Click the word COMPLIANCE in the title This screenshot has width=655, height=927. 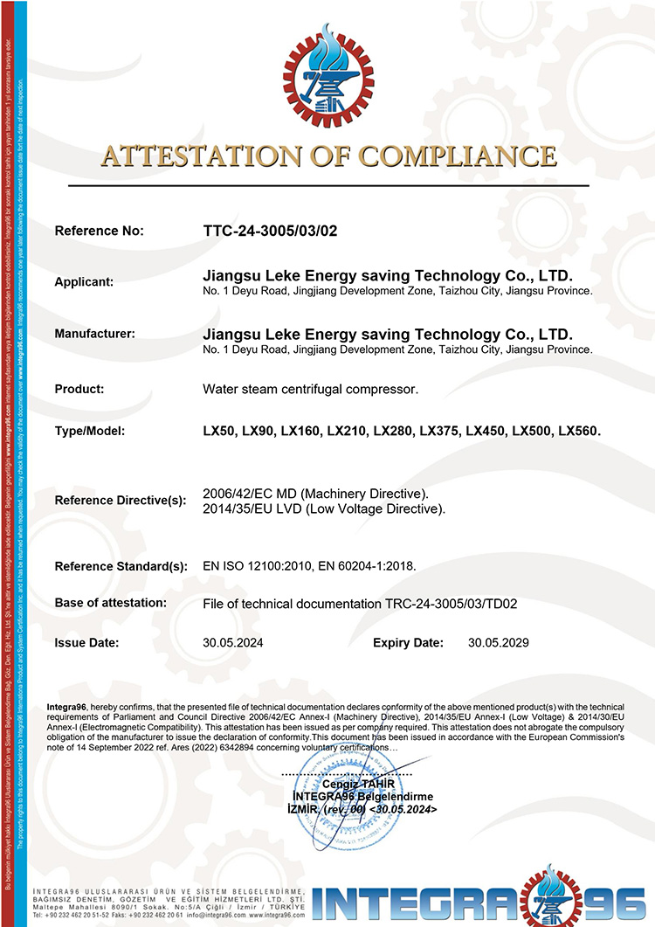457,157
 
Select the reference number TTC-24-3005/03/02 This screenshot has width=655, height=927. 269,232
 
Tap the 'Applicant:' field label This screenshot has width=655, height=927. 84,282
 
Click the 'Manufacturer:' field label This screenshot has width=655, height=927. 94,334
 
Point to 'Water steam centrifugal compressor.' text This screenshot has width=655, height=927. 310,389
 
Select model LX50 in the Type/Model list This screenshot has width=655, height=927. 217,432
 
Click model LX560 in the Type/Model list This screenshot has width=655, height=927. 579,432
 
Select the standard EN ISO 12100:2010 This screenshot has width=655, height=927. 258,566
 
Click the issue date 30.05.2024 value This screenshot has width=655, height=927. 232,643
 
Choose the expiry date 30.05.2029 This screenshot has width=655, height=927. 498,643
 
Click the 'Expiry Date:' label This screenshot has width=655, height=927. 408,643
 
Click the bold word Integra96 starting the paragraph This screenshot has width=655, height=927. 67,706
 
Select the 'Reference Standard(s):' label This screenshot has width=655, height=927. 121,566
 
